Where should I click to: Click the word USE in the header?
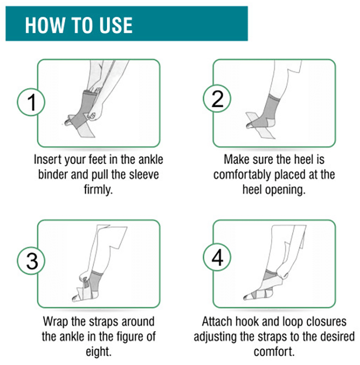[116, 25]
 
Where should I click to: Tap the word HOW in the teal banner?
[44, 25]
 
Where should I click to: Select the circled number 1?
[31, 102]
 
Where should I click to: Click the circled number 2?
[217, 99]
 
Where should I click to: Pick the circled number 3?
[31, 261]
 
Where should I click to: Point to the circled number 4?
[217, 258]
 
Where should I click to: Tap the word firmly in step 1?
[98, 189]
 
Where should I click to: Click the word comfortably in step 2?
[243, 175]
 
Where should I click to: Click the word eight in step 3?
[99, 352]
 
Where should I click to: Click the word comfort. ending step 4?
[274, 351]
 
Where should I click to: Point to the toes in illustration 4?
[247, 297]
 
